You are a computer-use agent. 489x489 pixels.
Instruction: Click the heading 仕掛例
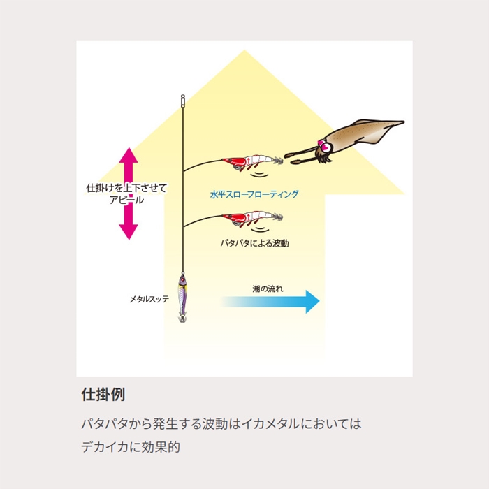coord(103,393)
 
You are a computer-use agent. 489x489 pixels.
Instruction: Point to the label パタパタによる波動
coord(254,244)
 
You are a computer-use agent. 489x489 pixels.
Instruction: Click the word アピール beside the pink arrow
coord(126,200)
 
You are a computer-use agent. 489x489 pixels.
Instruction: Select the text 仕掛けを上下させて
coord(126,188)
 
